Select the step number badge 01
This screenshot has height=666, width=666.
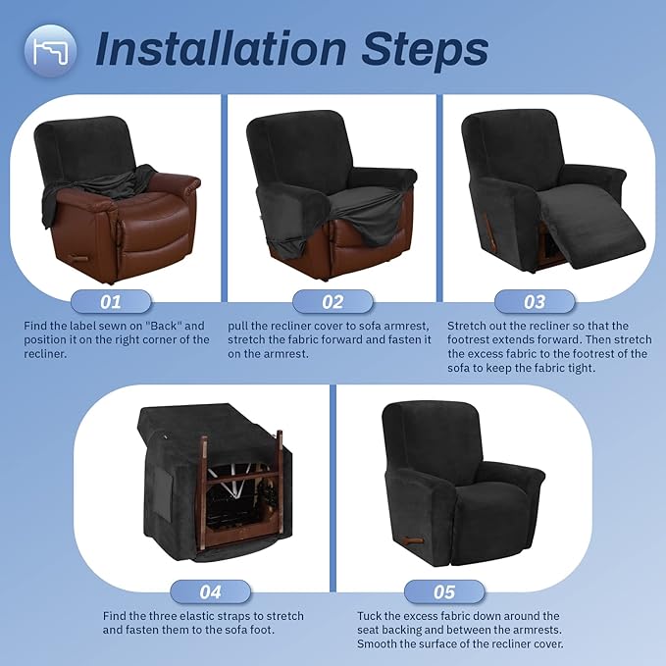point(111,300)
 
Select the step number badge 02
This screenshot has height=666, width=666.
point(333,300)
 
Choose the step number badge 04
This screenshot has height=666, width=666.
point(212,591)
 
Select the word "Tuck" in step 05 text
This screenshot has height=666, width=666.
point(373,616)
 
